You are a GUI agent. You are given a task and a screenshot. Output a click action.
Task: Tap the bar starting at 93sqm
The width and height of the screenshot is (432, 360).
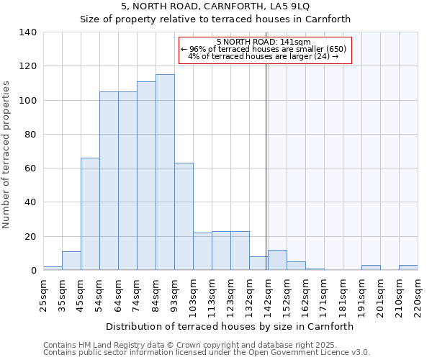(x=184, y=217)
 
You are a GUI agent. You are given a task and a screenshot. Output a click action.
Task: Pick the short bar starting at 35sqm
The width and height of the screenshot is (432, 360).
(x=71, y=261)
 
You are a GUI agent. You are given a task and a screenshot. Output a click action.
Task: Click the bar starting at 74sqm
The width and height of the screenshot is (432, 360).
(x=146, y=176)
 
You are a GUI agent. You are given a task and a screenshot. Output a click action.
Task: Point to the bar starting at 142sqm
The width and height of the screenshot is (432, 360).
(x=277, y=261)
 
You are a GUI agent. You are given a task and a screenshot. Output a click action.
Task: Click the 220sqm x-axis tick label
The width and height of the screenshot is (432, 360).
(x=418, y=294)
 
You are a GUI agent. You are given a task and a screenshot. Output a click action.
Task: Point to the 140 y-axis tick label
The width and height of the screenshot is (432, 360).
(x=28, y=32)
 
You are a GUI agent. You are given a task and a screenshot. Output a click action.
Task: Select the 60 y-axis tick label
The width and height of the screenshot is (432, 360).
(x=31, y=168)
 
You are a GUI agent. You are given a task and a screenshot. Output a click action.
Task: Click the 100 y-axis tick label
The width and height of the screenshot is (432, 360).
(x=28, y=100)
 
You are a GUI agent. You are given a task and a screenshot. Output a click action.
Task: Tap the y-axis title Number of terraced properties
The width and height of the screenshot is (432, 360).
(x=6, y=154)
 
